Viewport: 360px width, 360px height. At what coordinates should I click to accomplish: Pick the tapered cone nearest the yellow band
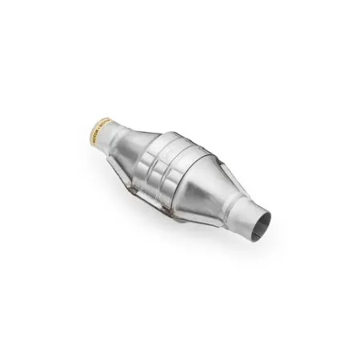(x=132, y=144)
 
